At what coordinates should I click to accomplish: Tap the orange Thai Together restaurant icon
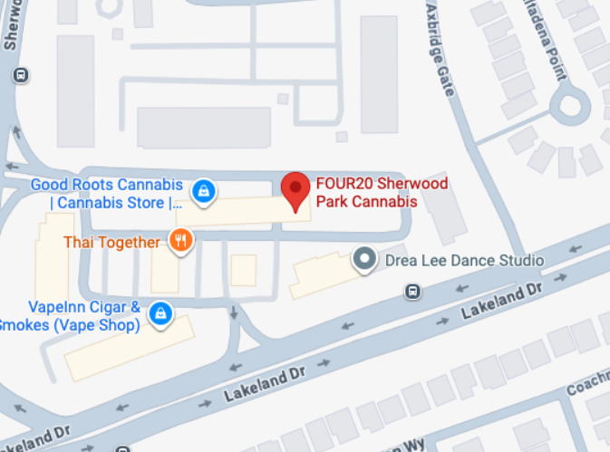click(x=181, y=241)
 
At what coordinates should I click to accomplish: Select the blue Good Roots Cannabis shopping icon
click(x=204, y=190)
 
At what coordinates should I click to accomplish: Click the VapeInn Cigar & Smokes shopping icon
click(x=160, y=313)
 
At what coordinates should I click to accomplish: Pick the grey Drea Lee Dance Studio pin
click(x=364, y=261)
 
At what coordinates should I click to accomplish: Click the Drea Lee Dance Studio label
click(x=463, y=261)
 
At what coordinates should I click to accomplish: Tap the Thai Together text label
click(x=112, y=242)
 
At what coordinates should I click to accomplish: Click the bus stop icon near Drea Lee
click(x=412, y=292)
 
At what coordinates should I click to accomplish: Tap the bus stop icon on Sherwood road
click(x=21, y=75)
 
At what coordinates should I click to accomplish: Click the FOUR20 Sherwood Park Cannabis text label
click(x=381, y=193)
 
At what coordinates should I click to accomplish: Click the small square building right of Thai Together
click(x=243, y=270)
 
